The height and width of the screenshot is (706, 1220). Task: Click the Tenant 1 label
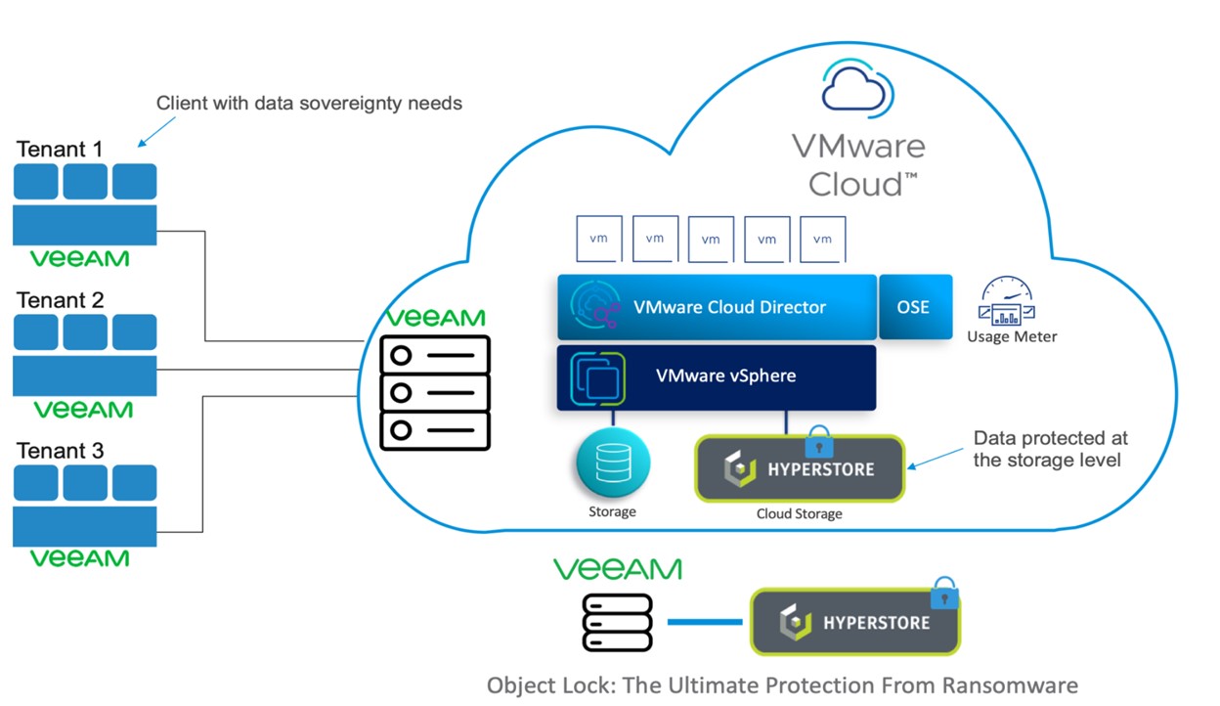click(x=60, y=150)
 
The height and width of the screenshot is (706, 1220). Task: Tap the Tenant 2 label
click(x=60, y=300)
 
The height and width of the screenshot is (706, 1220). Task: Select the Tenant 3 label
click(x=60, y=451)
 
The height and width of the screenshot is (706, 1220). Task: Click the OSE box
click(x=914, y=307)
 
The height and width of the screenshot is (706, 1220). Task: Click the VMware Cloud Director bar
click(x=717, y=307)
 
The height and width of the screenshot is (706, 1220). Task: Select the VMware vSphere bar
click(x=717, y=376)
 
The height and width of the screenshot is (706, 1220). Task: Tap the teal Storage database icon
click(x=613, y=463)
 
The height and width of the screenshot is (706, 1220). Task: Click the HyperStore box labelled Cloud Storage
click(x=800, y=468)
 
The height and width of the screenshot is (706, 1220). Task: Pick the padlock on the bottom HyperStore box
click(x=943, y=593)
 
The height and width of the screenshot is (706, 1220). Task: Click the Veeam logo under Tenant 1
click(x=79, y=259)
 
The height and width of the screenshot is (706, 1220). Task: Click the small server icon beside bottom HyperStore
click(x=617, y=621)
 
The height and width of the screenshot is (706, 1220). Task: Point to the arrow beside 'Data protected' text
click(x=936, y=459)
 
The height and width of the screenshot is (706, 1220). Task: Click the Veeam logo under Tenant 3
click(x=79, y=558)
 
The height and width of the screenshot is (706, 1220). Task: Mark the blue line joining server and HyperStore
click(x=705, y=621)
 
